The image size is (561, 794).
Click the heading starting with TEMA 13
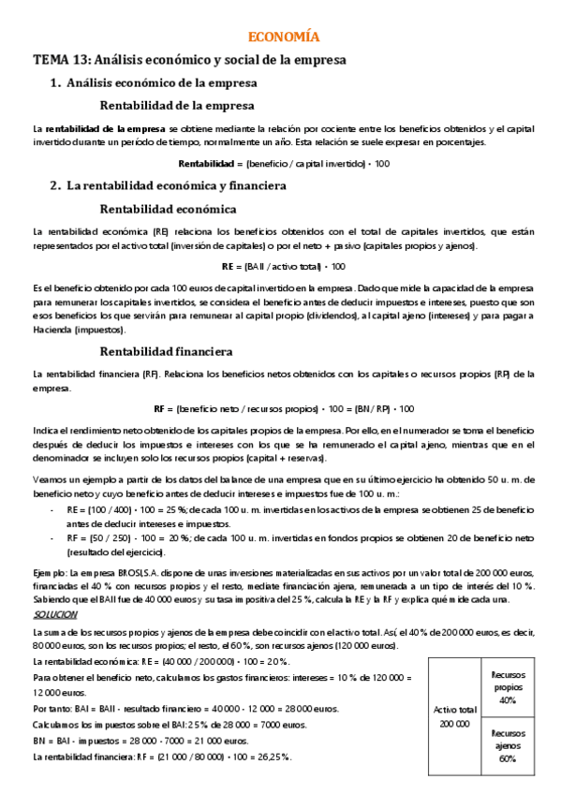pyautogui.click(x=190, y=60)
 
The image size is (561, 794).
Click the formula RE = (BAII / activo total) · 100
pyautogui.click(x=283, y=266)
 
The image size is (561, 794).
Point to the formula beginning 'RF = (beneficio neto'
pyautogui.click(x=283, y=408)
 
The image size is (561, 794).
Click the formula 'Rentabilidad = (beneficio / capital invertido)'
pyautogui.click(x=283, y=163)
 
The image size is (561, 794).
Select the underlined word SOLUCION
pyautogui.click(x=55, y=614)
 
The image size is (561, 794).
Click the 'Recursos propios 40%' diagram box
pyautogui.click(x=508, y=686)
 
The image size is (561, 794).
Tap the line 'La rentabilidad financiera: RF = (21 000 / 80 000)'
pyautogui.click(x=162, y=756)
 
